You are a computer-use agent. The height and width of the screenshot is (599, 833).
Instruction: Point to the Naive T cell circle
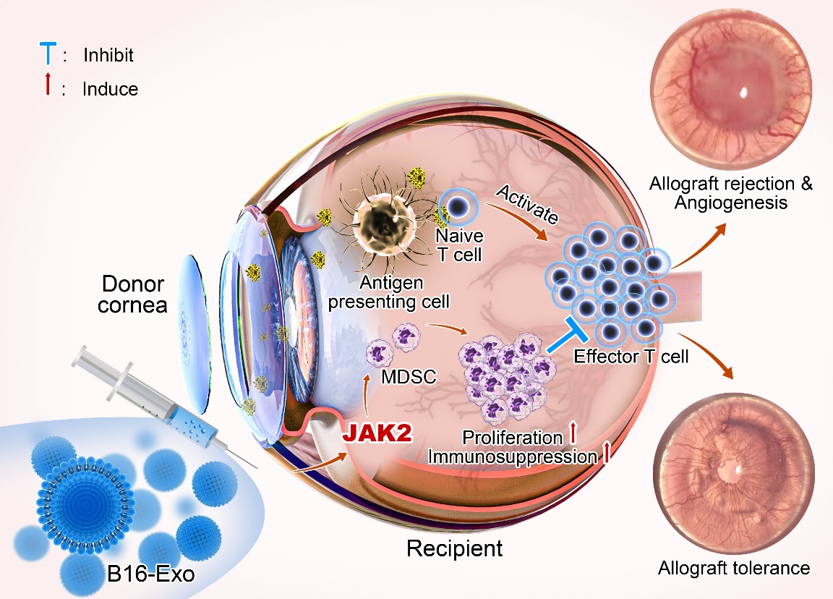point(456,207)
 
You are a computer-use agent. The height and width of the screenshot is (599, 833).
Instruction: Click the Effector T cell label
point(631,355)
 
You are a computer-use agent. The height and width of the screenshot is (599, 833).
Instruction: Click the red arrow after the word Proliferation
point(573,436)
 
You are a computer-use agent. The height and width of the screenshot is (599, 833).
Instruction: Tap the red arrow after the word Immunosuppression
point(606,454)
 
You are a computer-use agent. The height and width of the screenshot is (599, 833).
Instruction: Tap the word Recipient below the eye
point(454,548)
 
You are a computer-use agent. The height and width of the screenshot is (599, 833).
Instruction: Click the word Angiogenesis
point(730,203)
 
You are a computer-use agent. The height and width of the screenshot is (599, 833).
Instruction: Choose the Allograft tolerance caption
point(734,568)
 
